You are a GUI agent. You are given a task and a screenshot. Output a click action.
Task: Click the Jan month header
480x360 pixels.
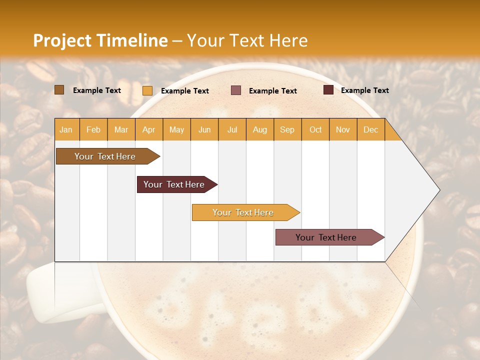coord(66,129)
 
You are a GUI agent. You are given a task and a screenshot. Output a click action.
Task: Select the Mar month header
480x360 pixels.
coord(121,129)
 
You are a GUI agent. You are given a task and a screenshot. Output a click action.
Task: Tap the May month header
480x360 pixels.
coord(176,129)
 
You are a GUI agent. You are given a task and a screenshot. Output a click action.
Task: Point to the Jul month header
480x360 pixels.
coord(232,129)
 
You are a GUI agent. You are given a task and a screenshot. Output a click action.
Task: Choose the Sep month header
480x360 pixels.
coord(287,129)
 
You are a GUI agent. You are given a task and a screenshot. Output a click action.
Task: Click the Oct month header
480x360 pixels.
coord(315,129)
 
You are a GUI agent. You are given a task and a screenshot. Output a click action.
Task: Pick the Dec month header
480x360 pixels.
coord(370,129)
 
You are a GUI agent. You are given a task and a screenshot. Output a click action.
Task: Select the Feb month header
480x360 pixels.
coord(93,129)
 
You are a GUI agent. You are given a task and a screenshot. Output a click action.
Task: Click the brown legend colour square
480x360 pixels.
coord(59,90)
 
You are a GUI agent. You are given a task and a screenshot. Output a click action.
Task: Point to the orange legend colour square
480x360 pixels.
coord(147,90)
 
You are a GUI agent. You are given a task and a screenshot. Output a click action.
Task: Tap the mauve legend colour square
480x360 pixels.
coord(236,90)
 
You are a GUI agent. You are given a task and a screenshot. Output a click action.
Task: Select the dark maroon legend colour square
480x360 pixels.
coord(328,90)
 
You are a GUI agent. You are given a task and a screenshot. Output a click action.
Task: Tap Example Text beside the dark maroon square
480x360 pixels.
coord(364,90)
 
